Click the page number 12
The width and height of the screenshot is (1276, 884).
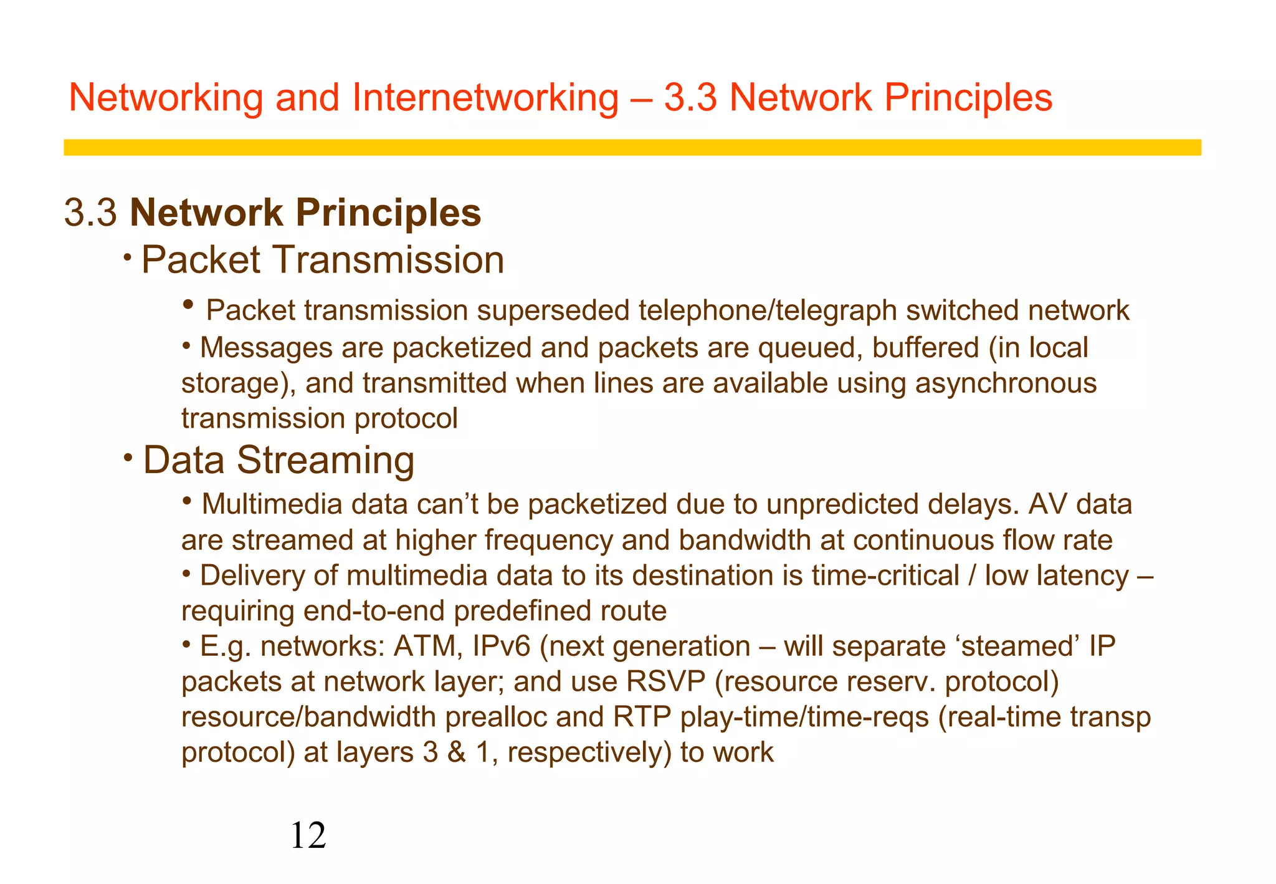(308, 836)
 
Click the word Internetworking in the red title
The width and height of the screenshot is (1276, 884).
(485, 98)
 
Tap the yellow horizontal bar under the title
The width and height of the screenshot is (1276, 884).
(632, 147)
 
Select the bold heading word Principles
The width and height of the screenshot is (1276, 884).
(388, 213)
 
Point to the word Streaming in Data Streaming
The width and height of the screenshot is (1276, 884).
(325, 460)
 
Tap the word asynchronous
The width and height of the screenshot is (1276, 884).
(1005, 383)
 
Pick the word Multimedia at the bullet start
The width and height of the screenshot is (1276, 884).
(272, 504)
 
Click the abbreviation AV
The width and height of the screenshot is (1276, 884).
(1047, 504)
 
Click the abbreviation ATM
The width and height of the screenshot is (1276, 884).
(427, 646)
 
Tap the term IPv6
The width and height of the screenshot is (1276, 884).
(502, 646)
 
